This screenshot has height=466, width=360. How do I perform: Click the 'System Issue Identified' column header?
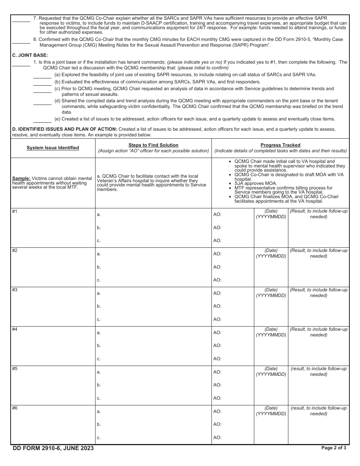click(53, 148)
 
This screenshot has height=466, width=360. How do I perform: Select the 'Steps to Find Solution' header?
click(153, 145)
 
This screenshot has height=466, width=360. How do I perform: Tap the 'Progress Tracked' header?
click(280, 145)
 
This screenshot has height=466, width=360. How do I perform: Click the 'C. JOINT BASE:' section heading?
click(30, 55)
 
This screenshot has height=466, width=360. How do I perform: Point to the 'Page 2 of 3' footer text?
click(333, 448)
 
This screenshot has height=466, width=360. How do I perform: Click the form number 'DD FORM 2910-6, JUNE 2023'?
click(53, 448)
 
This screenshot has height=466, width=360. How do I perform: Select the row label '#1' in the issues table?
click(15, 211)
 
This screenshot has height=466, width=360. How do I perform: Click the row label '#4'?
click(15, 329)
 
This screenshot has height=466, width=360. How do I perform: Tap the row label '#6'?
click(15, 408)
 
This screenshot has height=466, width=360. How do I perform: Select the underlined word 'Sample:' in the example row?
click(21, 178)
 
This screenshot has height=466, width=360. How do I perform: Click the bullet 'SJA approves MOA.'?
click(256, 183)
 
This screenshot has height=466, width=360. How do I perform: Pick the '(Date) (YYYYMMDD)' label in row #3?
click(271, 292)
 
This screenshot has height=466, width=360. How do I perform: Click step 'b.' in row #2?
click(99, 267)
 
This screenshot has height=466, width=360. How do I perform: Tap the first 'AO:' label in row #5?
click(217, 372)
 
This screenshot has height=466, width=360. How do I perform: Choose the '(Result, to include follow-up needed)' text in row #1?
click(319, 214)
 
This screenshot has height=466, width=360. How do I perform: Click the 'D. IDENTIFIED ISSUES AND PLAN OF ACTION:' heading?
click(64, 129)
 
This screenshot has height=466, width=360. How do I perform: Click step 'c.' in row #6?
click(99, 438)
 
